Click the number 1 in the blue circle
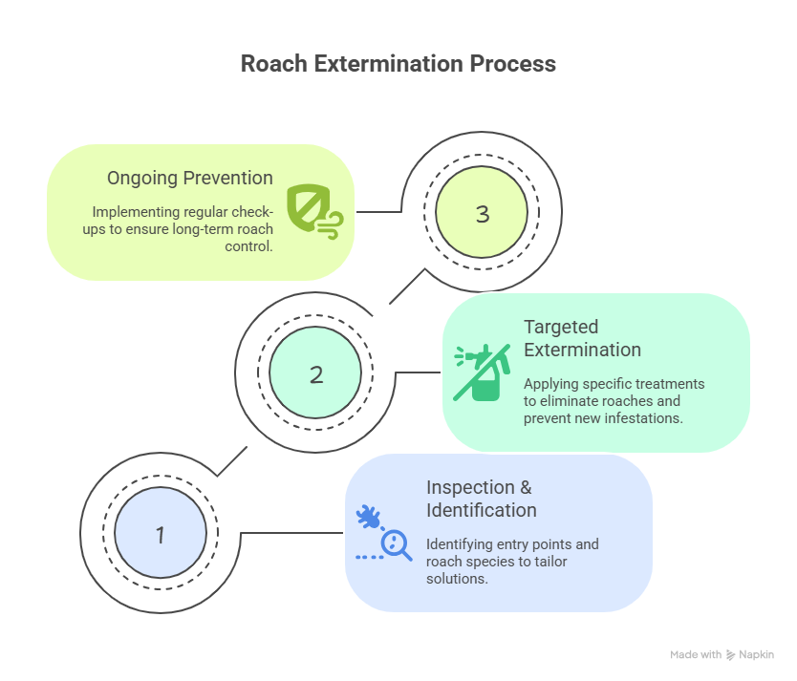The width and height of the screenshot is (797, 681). pos(161,535)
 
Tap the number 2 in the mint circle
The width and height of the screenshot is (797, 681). pos(316,374)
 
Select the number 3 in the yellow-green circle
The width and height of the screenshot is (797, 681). pos(483,214)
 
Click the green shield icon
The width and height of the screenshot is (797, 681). pos(308,207)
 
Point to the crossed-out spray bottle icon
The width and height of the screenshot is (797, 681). pos(482,372)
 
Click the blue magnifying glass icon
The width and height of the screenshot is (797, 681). pos(397,545)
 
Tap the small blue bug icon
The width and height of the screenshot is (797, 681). pos(369,517)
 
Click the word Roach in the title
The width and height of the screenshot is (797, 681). pos(274,64)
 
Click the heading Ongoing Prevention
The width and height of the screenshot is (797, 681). pos(189,179)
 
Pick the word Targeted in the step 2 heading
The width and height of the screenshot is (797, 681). pos(561,328)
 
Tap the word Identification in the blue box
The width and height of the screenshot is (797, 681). pos(482,510)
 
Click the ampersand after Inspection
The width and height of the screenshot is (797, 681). pos(526,487)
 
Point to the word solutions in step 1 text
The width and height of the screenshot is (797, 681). pos(456,579)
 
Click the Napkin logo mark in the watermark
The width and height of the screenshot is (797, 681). pos(730,655)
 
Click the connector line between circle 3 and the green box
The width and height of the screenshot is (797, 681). pos(379,212)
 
